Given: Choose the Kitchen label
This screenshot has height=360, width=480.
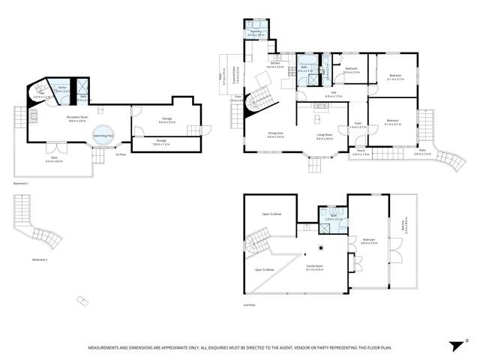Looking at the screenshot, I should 274,65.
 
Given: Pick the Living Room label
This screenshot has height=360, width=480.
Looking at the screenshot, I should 325,136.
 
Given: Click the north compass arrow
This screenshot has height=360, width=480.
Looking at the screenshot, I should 454,346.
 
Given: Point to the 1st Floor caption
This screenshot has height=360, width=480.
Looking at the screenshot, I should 119,154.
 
